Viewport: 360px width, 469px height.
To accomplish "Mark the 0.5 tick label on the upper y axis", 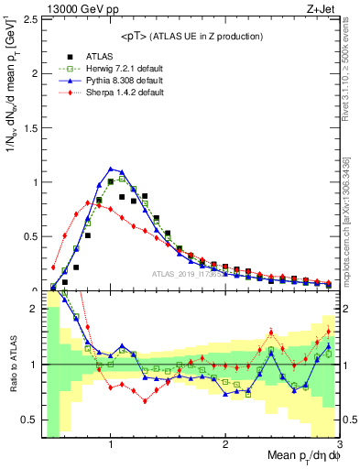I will tap(30, 235).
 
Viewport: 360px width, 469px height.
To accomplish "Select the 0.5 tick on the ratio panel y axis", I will tap(30, 420).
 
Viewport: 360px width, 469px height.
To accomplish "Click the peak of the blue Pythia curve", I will tap(111, 169).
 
